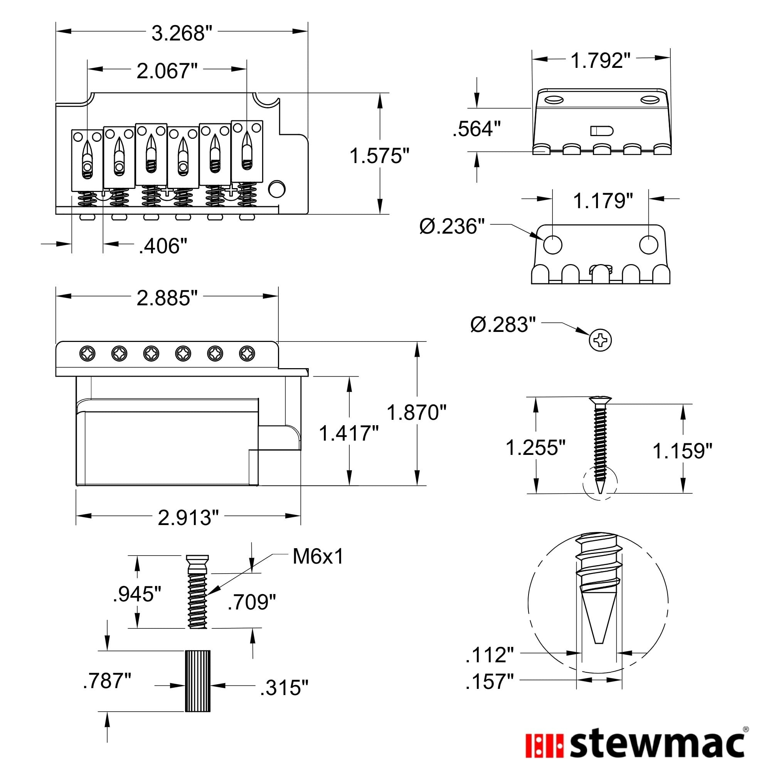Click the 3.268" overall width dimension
click(182, 34)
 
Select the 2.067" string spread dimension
click(167, 71)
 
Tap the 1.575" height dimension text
click(379, 156)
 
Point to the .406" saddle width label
click(163, 246)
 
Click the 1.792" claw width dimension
click(601, 61)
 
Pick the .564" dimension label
click(476, 129)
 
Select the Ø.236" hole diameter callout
click(452, 227)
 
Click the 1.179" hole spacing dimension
click(603, 201)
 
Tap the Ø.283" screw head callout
click(503, 325)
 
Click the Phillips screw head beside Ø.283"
click(600, 340)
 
